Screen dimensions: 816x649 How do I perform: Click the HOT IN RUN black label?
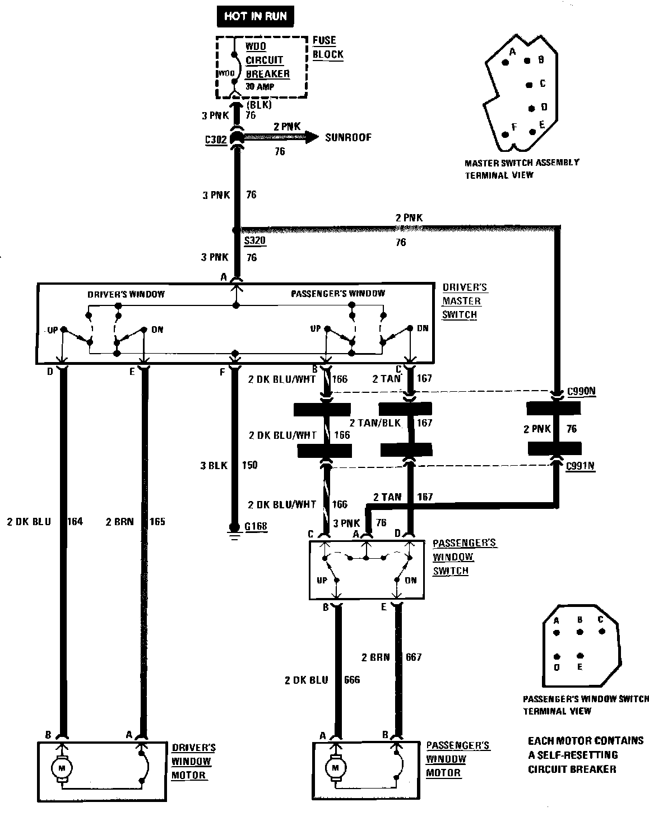click(255, 16)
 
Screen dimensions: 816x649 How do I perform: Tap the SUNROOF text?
click(348, 137)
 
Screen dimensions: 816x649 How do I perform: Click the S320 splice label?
click(254, 242)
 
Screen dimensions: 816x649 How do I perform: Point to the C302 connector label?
click(216, 140)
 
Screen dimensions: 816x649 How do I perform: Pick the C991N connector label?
click(581, 466)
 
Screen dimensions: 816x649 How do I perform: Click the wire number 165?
click(157, 522)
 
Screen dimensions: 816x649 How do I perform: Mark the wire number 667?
click(413, 657)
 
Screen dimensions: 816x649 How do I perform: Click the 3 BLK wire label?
click(214, 465)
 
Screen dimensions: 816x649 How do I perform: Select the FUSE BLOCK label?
click(328, 48)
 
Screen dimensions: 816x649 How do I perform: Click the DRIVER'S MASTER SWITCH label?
click(465, 301)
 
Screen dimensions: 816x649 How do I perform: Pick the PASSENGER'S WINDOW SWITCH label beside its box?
click(457, 557)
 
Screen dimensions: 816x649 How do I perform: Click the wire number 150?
click(249, 465)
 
